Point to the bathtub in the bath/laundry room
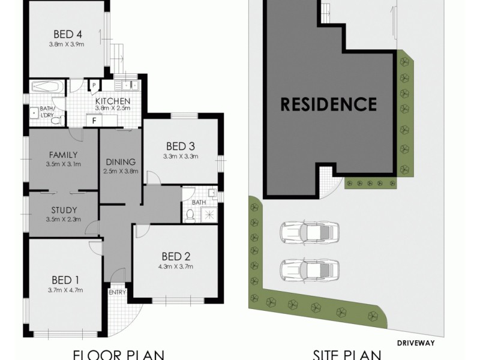click(x=46, y=87)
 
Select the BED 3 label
click(x=181, y=146)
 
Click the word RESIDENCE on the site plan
click(x=329, y=104)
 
